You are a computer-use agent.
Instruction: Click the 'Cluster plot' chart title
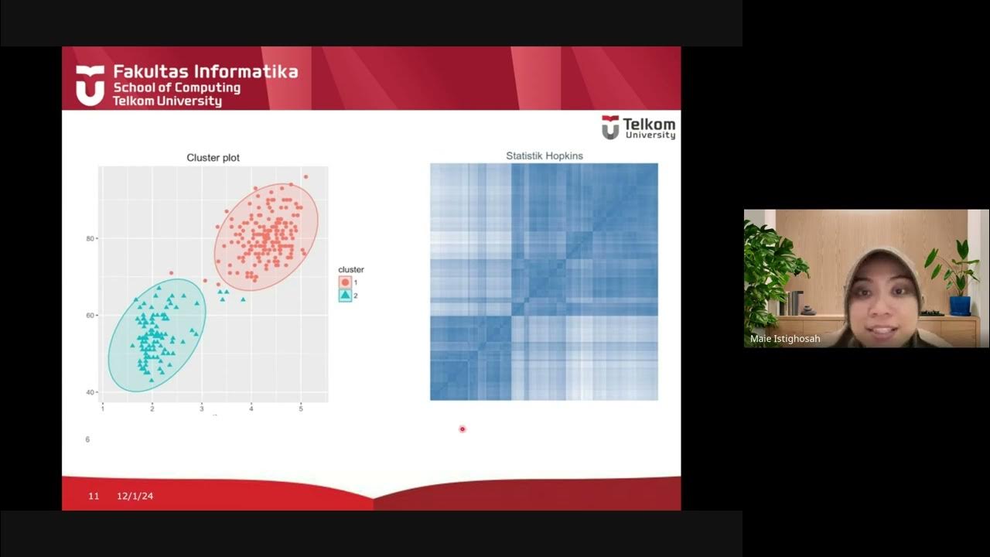(x=213, y=158)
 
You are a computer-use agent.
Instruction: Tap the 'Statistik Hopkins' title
(x=544, y=155)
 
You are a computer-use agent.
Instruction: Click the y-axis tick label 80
(x=91, y=238)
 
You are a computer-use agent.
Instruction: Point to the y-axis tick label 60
(x=91, y=316)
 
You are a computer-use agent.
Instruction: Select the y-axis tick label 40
(x=91, y=392)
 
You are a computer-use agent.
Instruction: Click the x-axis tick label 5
(x=301, y=408)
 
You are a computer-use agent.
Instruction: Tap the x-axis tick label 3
(x=202, y=408)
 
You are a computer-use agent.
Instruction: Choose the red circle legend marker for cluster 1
(x=345, y=282)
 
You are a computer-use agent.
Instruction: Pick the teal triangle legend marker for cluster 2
(x=345, y=296)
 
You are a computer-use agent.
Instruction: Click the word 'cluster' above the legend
(x=351, y=270)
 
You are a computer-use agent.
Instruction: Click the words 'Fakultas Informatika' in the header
(x=206, y=72)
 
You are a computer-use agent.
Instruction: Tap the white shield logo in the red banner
(x=90, y=85)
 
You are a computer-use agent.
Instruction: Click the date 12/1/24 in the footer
(x=135, y=496)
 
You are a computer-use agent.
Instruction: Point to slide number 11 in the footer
(x=94, y=496)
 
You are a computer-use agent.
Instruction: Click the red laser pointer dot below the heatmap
(x=463, y=429)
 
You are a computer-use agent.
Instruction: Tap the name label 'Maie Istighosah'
(x=785, y=339)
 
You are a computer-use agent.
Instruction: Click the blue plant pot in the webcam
(x=960, y=305)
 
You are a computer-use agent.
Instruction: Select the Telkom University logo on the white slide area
(x=638, y=128)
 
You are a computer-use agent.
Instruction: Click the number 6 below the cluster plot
(x=87, y=439)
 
